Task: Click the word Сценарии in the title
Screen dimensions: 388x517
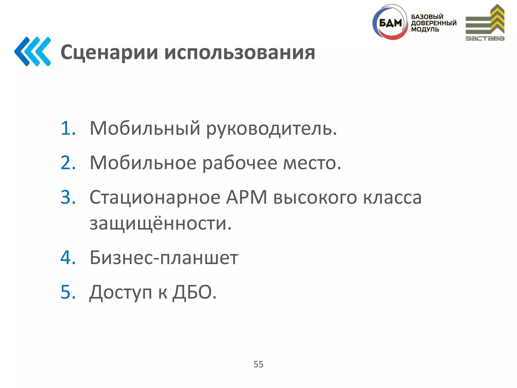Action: [x=109, y=53]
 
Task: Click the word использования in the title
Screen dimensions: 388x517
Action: [x=240, y=53]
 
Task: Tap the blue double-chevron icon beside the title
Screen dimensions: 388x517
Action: [x=33, y=52]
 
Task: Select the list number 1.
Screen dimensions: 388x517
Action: [x=68, y=128]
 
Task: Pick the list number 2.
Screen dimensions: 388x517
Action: [x=68, y=163]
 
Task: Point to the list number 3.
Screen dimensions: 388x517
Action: [x=68, y=197]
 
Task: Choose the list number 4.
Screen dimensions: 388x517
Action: [x=68, y=258]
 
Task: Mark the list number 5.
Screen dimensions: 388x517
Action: [x=68, y=292]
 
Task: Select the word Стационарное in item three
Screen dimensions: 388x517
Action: [x=155, y=198]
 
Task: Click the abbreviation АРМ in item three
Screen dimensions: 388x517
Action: [x=246, y=197]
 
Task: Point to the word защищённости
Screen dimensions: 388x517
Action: [x=160, y=224]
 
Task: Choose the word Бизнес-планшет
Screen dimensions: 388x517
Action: [x=164, y=258]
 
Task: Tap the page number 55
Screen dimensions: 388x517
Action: [x=258, y=364]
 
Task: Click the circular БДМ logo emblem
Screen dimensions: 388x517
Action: [x=390, y=23]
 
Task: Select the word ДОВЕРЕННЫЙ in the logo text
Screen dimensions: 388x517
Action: [x=434, y=23]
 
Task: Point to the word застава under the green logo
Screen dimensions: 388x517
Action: [x=485, y=38]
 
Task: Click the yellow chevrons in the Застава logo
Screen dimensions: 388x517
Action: [x=497, y=19]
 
